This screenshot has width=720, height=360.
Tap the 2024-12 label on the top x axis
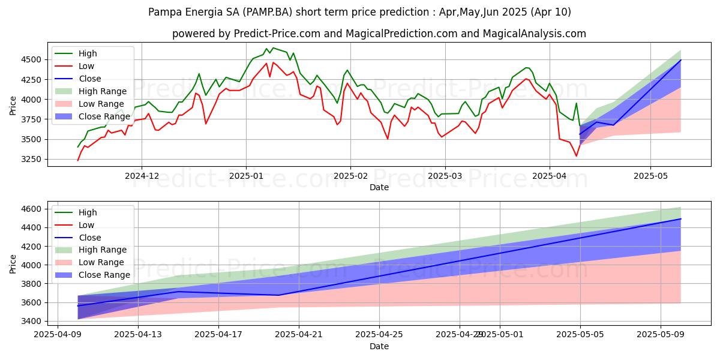coord(142,176)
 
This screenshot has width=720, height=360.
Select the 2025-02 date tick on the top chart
coord(350,176)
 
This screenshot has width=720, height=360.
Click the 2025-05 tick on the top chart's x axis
coord(650,176)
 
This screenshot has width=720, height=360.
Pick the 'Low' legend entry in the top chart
coord(86,66)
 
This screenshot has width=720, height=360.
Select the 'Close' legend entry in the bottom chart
coord(90,238)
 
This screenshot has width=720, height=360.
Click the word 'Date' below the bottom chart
coord(379,346)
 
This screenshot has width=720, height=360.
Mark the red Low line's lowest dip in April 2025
coord(577,156)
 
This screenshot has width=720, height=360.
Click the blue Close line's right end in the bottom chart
coord(681,218)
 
